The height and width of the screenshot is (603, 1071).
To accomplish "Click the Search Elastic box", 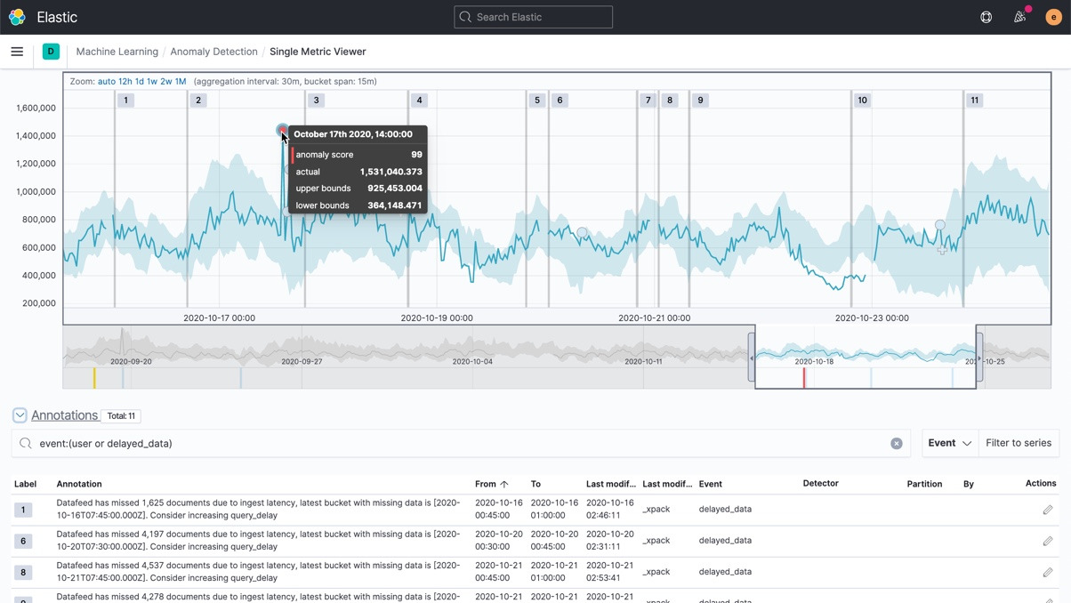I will pos(533,17).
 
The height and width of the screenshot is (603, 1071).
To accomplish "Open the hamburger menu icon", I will pos(17,52).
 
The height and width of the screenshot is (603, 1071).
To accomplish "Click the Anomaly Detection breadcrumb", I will pos(213,52).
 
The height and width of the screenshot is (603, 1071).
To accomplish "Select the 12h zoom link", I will pos(125,81).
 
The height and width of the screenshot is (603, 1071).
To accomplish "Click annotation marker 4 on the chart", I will pos(419,100).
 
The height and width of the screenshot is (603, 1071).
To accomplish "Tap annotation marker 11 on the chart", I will pos(974,100).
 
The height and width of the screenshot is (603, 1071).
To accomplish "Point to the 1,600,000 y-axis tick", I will pos(36,109).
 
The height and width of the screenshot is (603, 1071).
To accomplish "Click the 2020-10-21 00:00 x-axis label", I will pos(654,318).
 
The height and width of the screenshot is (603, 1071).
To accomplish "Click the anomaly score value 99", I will pos(416,155).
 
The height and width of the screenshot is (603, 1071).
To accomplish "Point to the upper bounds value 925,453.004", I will pos(394,189).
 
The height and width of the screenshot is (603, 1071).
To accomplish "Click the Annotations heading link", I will pos(64,415).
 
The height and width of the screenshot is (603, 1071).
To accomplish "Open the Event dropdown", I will pos(949,443).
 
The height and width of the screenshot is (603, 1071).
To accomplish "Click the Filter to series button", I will pos(1018,443).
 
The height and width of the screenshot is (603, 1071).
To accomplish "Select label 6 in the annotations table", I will pos(23,541).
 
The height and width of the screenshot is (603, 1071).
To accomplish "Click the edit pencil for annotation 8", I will pos(1047,572).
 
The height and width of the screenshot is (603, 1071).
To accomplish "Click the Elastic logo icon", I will pos(17,17).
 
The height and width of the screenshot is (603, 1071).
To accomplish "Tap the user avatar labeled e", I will pos(1053,17).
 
